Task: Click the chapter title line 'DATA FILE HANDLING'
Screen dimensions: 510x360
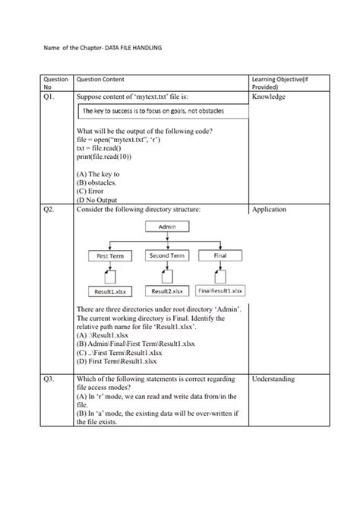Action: pos(101,48)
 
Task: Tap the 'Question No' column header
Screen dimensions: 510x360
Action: pos(56,84)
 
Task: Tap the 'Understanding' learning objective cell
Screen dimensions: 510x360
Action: pos(275,378)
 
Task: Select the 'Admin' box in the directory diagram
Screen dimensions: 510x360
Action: pos(168,226)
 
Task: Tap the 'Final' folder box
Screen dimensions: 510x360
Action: pos(219,256)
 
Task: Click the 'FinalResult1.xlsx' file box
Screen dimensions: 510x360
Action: pos(220,291)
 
